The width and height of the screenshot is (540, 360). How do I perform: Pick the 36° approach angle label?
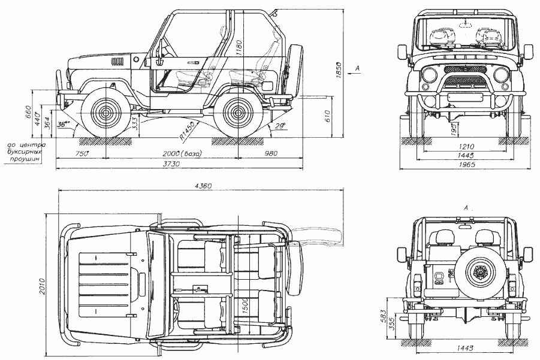[x=63, y=125]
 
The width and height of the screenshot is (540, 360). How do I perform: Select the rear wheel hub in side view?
[x=237, y=112]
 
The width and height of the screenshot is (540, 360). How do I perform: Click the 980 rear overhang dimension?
[x=271, y=154]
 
